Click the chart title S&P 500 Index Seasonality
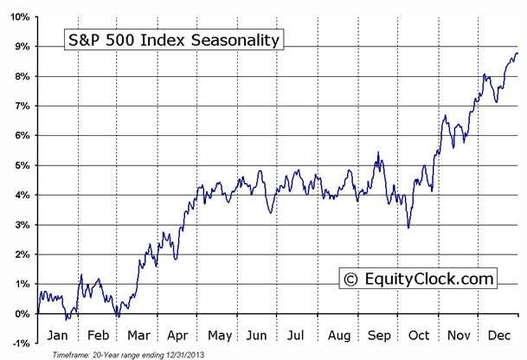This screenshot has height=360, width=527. click(173, 40)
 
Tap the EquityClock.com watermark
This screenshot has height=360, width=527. click(419, 279)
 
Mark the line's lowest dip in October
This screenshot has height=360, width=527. click(408, 228)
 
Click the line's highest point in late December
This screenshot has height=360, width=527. click(516, 53)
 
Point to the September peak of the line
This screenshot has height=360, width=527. click(378, 153)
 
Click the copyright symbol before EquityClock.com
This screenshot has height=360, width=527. click(350, 279)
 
